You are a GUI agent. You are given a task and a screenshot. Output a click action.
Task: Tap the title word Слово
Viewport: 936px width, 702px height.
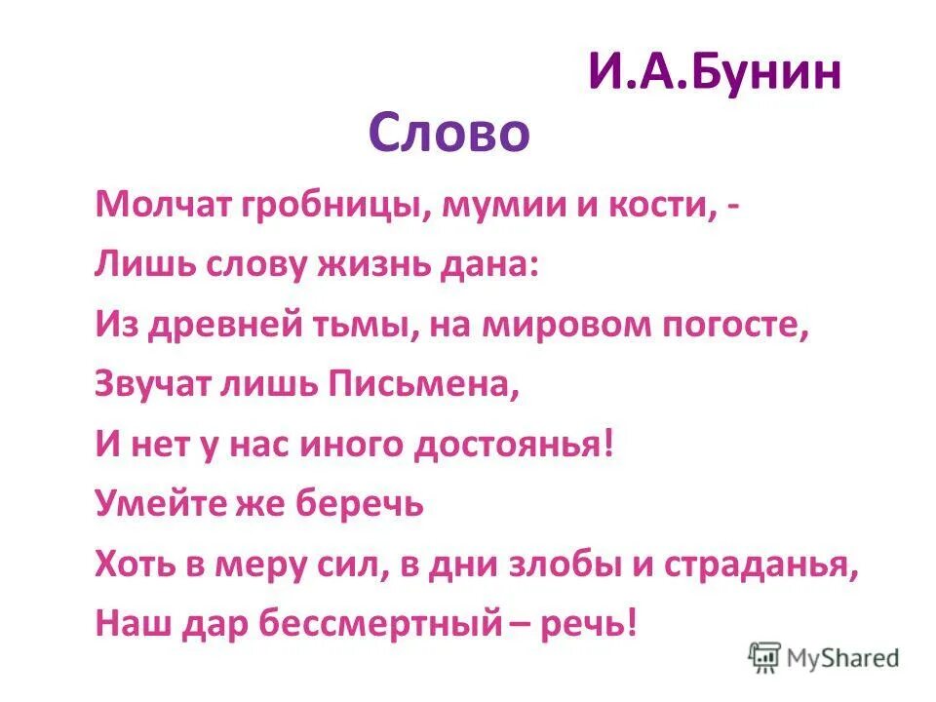[448, 134]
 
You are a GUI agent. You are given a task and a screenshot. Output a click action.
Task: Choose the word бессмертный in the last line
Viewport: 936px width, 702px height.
[377, 625]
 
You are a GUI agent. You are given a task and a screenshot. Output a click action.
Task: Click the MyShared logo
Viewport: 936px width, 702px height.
[824, 657]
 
